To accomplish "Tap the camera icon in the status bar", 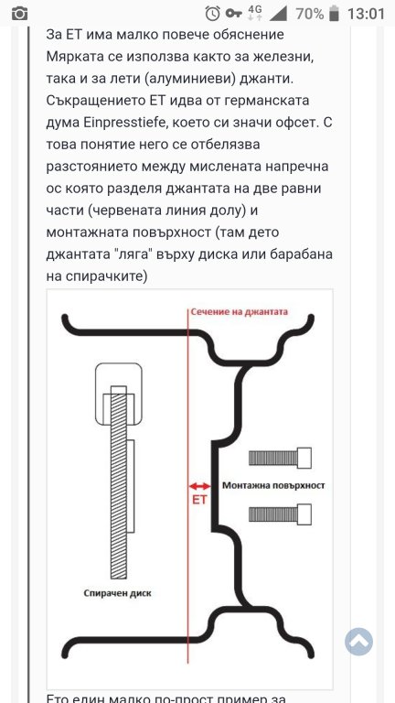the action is (19, 14).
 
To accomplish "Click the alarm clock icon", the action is (212, 14).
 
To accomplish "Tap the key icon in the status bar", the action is (234, 14).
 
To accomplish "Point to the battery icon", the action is (334, 14).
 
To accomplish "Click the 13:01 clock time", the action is (366, 14).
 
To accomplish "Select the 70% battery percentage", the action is (309, 14).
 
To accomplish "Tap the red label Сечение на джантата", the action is (239, 311).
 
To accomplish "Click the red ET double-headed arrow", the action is (199, 486).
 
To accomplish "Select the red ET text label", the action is (199, 500).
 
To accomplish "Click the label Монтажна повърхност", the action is (273, 485).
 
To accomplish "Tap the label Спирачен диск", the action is (118, 593).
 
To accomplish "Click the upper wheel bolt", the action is (280, 458).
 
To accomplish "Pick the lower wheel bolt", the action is (280, 514).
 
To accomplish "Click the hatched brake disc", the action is (119, 481).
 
